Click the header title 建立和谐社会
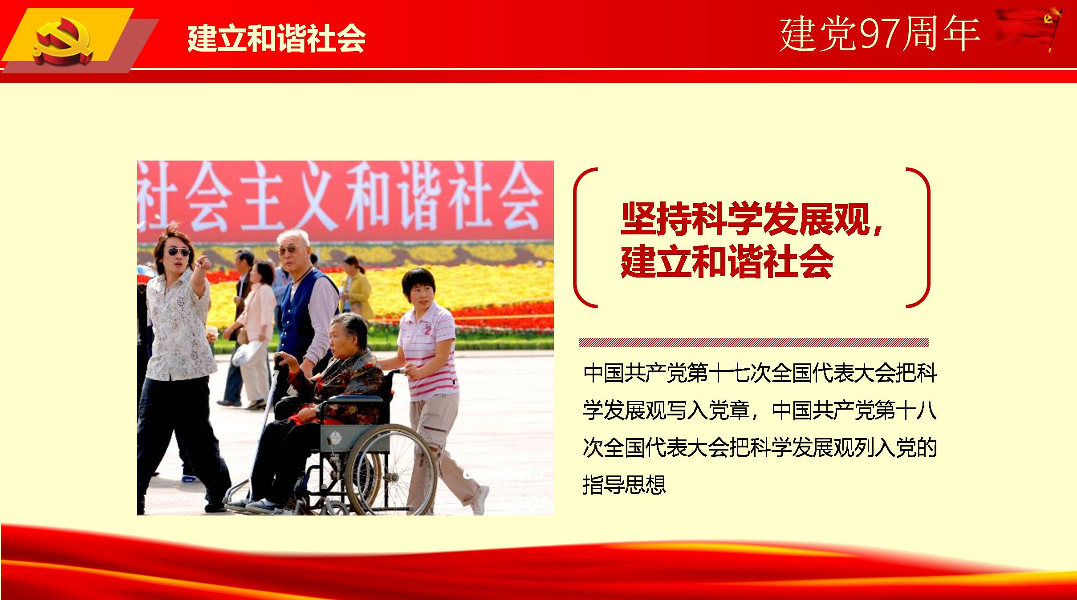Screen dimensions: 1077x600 [276, 38]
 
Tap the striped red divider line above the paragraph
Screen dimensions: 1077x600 [754, 342]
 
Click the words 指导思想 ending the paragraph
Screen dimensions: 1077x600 [624, 484]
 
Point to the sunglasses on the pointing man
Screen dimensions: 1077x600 [179, 252]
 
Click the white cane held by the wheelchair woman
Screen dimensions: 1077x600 [263, 427]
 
